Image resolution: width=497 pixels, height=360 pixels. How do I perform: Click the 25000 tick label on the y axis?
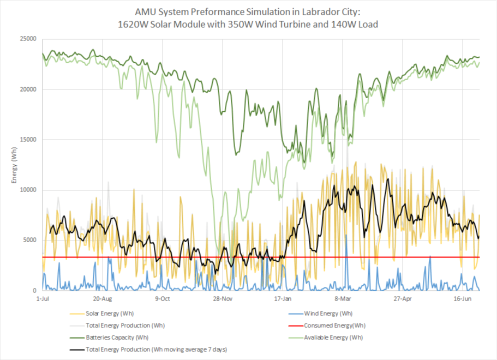point(28,39)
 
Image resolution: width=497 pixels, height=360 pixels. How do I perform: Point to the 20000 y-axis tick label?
point(28,89)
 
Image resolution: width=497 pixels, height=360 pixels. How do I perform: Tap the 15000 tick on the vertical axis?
point(28,140)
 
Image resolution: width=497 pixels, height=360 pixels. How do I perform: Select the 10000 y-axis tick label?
point(28,190)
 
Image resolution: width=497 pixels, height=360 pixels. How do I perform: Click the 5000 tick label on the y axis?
point(29,241)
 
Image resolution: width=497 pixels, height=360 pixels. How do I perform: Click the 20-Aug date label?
point(103,299)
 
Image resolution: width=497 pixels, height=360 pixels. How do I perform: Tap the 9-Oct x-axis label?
point(163,299)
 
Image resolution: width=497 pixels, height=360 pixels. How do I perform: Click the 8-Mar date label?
point(343,299)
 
